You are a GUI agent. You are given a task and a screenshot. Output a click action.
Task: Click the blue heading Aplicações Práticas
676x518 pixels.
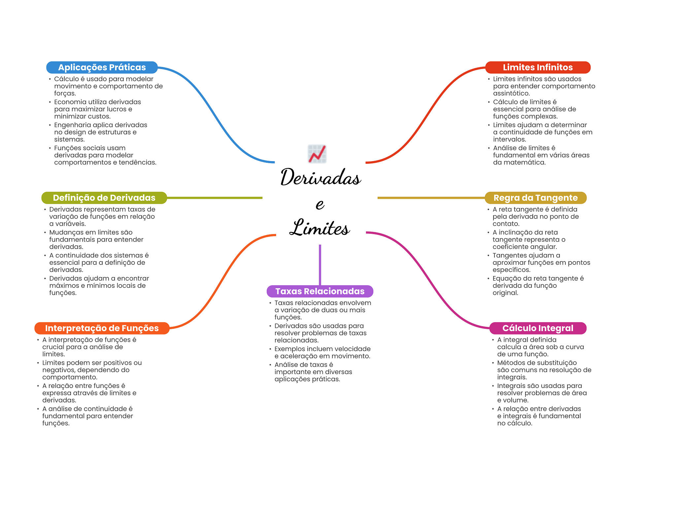[x=102, y=67]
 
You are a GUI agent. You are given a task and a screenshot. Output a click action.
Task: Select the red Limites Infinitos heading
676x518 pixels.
[x=537, y=67]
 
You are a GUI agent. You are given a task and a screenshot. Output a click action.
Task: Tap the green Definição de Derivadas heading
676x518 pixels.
[x=104, y=198]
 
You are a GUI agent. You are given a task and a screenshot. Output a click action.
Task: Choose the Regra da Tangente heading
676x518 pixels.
[x=535, y=198]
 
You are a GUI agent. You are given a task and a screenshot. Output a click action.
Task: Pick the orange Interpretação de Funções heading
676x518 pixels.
[x=102, y=328]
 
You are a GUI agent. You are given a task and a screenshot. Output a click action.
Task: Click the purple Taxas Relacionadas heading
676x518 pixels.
[x=320, y=291]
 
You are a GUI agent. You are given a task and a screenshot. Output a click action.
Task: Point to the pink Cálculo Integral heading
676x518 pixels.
[x=538, y=328]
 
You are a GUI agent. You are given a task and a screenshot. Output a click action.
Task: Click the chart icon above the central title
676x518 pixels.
[x=317, y=154]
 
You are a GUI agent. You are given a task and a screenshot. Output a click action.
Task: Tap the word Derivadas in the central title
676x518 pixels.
[x=321, y=177]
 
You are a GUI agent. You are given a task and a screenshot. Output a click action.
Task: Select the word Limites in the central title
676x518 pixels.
[x=320, y=228]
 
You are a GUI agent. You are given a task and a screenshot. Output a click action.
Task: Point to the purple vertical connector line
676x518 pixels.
[x=320, y=264]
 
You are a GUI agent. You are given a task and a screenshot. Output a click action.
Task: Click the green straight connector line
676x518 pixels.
[x=215, y=198]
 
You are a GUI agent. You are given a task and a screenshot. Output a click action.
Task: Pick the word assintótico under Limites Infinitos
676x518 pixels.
[x=511, y=93]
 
